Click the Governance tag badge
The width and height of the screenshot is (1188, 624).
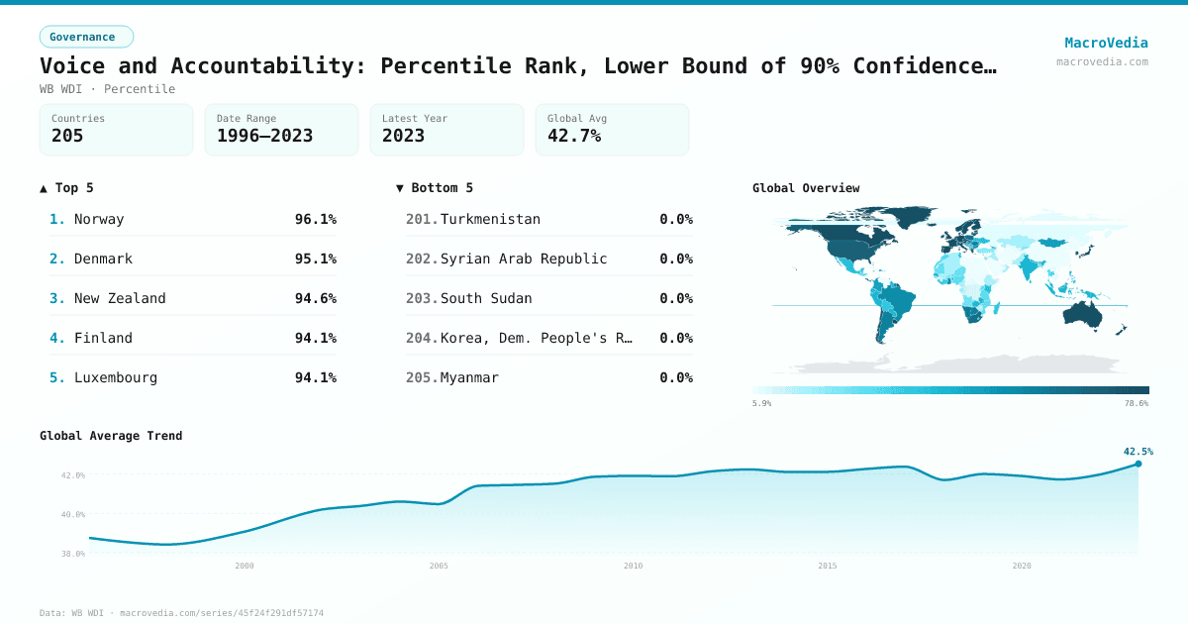(x=86, y=37)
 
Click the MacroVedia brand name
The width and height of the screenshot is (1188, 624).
(x=1106, y=43)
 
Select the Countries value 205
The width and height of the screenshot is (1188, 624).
(x=67, y=136)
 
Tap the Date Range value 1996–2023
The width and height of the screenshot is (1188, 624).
(x=264, y=136)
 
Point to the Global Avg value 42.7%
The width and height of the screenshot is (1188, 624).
(x=574, y=136)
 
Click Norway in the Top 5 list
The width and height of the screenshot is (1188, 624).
(x=99, y=219)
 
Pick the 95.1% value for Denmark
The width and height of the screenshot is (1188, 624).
(x=315, y=259)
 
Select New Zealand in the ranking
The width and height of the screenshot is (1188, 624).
(x=120, y=298)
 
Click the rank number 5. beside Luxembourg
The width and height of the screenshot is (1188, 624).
(x=57, y=377)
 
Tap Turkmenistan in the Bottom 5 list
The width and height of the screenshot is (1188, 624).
(x=490, y=219)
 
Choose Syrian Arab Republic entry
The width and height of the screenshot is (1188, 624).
(x=524, y=259)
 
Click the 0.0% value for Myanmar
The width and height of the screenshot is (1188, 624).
(x=676, y=377)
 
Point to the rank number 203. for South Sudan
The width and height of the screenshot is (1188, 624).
(x=422, y=298)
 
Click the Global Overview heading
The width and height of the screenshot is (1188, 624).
(x=806, y=188)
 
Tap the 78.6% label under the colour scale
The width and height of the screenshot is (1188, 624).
(x=1137, y=403)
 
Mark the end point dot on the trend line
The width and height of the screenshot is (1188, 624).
(x=1138, y=464)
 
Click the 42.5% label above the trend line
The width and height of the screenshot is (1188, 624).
(x=1138, y=452)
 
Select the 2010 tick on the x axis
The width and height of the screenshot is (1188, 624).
(x=633, y=566)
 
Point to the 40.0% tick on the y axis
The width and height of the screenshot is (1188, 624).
(x=73, y=514)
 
